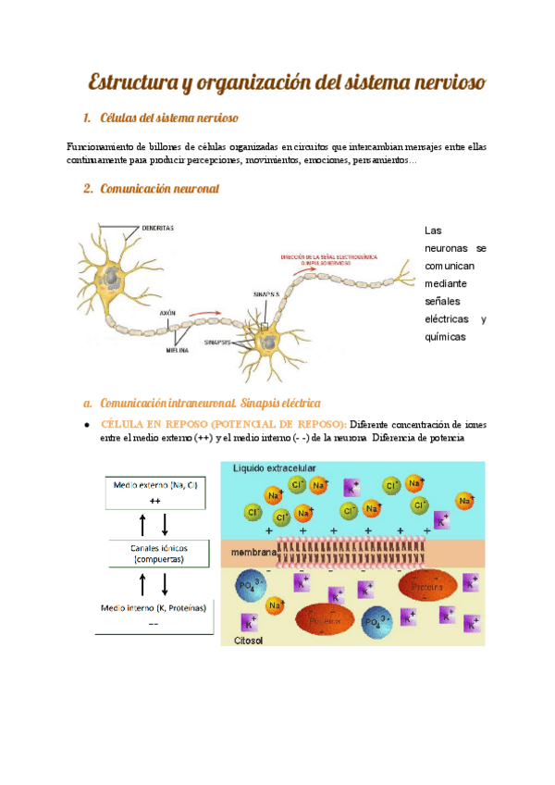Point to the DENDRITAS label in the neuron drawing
pyautogui.click(x=158, y=227)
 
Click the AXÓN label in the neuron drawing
pyautogui.click(x=168, y=313)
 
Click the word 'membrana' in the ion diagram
pyautogui.click(x=253, y=554)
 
